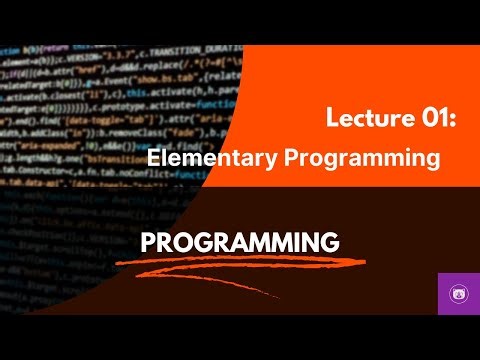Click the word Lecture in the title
pos(361,120)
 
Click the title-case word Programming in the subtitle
pos(350,158)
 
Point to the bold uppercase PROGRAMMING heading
pos(240,242)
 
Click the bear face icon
pos(459,295)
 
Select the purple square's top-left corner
pos(439,274)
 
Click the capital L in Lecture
pos(333,120)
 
